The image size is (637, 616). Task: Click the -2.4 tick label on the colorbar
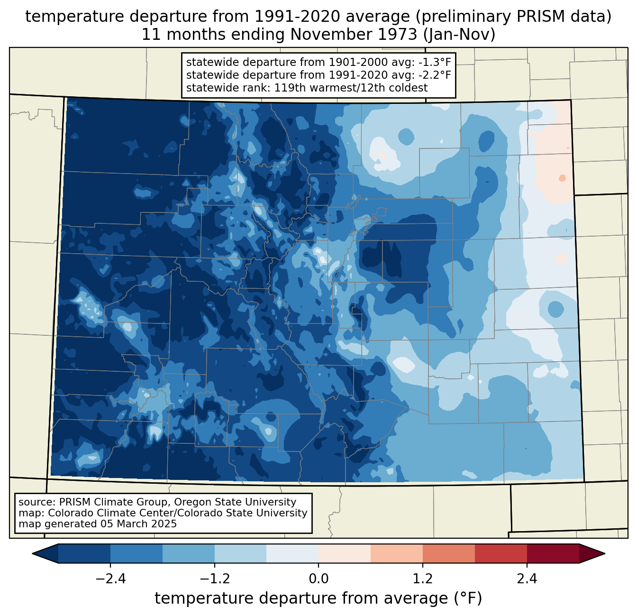tap(110, 579)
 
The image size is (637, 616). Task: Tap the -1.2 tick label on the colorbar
tap(214, 579)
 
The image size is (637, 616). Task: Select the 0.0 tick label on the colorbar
tap(318, 579)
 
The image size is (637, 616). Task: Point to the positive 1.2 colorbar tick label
tap(423, 579)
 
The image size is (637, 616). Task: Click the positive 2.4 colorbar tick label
tap(527, 579)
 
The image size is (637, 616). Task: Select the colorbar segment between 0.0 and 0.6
tap(345, 553)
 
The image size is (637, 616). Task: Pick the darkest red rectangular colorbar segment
tap(553, 553)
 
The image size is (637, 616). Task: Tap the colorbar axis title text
tap(318, 598)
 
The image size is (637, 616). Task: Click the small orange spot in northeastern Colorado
tap(562, 178)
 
